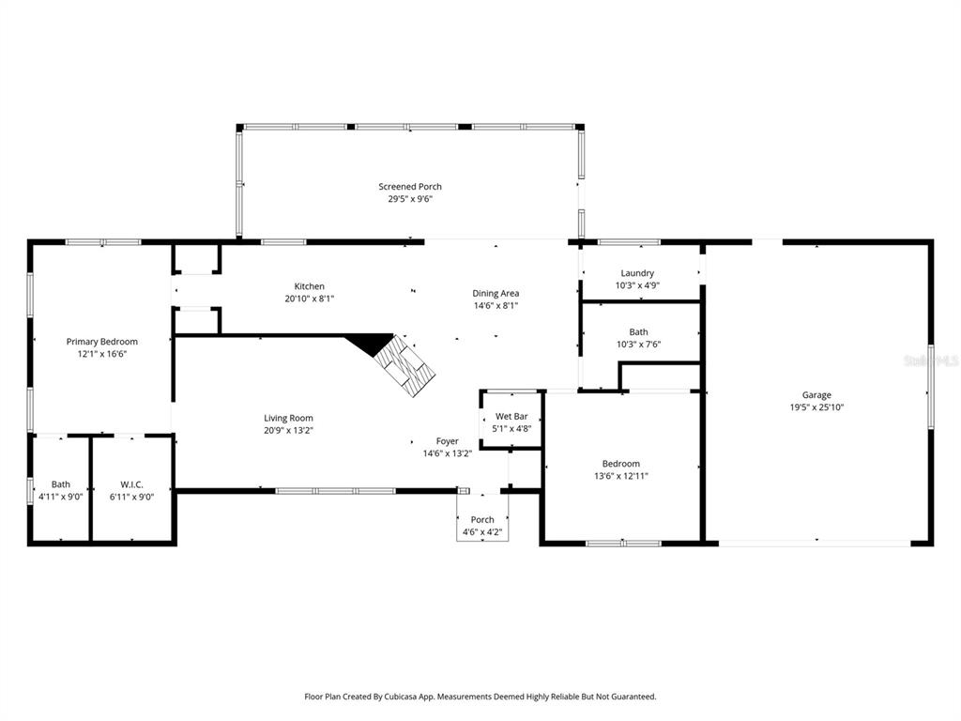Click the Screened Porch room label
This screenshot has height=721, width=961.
coord(410,187)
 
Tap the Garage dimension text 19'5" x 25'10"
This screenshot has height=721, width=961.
coord(816,407)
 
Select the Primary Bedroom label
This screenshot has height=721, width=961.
coord(101,342)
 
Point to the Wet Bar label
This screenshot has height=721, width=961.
coord(511,416)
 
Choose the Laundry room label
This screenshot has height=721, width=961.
coord(637,273)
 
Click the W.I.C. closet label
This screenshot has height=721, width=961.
coord(131,484)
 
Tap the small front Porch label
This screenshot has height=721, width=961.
coord(482,520)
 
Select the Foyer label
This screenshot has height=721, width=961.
coord(448,441)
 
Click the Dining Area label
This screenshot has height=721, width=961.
coord(496,293)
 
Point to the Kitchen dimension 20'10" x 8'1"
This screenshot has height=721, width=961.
coord(310,299)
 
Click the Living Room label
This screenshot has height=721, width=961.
coord(288,418)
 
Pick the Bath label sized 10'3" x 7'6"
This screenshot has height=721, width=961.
coord(638,332)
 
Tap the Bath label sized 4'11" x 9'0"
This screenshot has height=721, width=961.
coord(60,484)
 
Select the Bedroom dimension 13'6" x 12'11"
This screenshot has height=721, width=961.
coord(620,476)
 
